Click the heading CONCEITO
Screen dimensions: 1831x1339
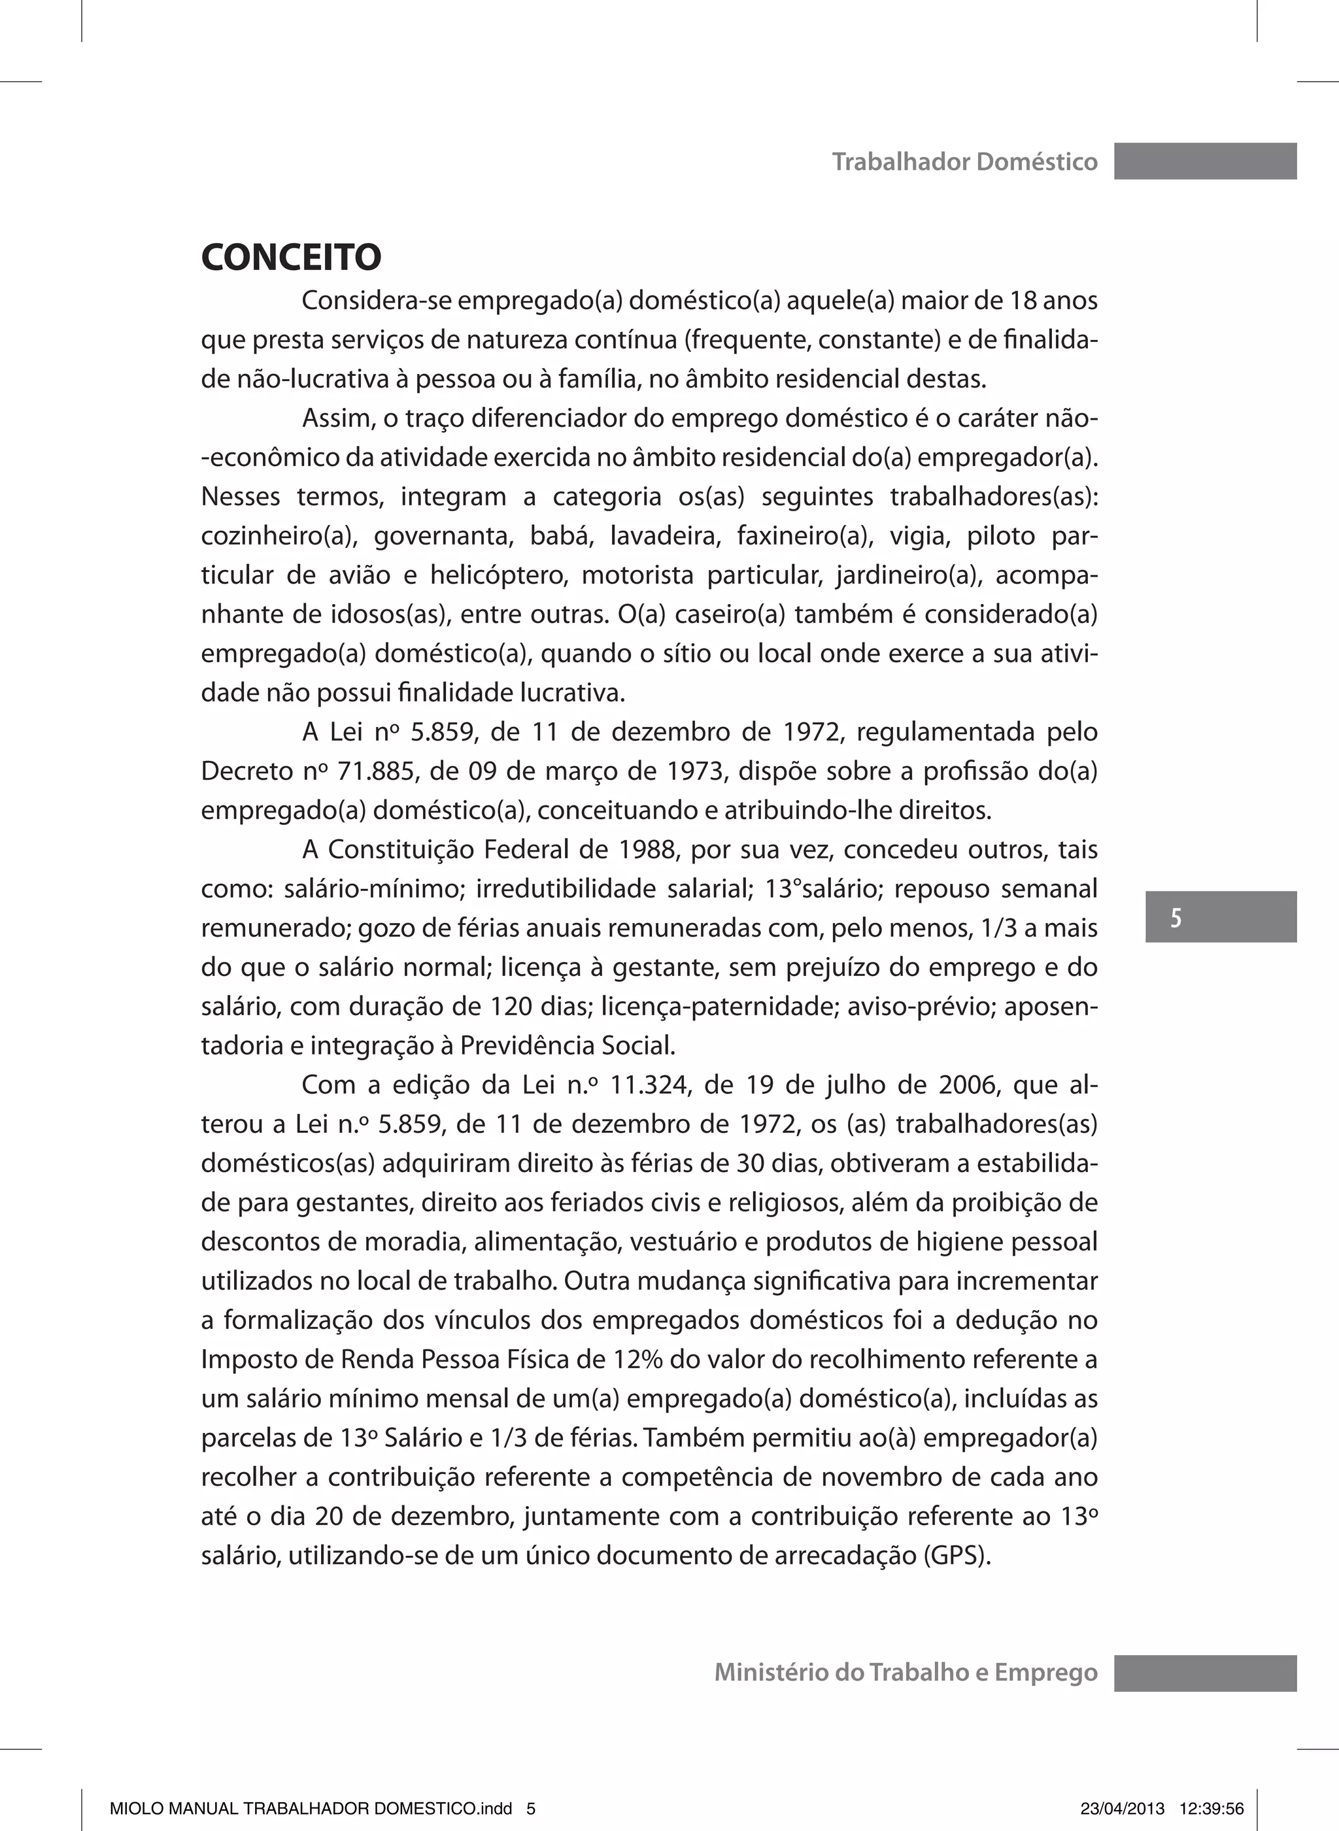(x=291, y=258)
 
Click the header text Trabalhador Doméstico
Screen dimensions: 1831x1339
(x=964, y=162)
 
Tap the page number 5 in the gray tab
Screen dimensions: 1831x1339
(x=1176, y=917)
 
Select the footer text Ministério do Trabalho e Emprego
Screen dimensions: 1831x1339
(x=906, y=1672)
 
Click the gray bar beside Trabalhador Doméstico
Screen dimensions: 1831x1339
(x=1204, y=161)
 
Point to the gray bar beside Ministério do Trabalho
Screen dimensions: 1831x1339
(x=1204, y=1673)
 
